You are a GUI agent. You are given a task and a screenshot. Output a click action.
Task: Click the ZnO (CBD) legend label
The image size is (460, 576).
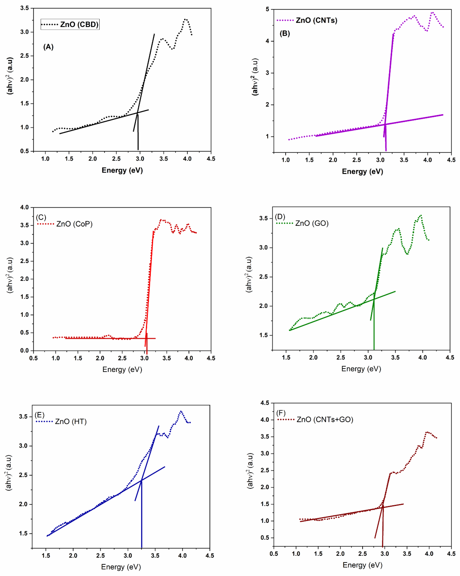coord(79,25)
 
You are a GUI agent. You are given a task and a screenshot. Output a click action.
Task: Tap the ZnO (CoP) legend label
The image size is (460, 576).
coord(74,224)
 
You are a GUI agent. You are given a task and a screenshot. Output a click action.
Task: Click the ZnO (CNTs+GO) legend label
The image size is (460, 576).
coord(325,419)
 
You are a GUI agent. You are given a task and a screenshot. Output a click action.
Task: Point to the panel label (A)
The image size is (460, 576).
coord(48,47)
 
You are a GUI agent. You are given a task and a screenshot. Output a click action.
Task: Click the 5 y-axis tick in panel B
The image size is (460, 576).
coord(267,9)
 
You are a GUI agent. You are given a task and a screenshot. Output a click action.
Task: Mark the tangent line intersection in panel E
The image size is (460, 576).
coord(141,480)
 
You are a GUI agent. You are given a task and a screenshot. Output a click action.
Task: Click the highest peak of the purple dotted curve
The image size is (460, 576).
coord(432,12)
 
